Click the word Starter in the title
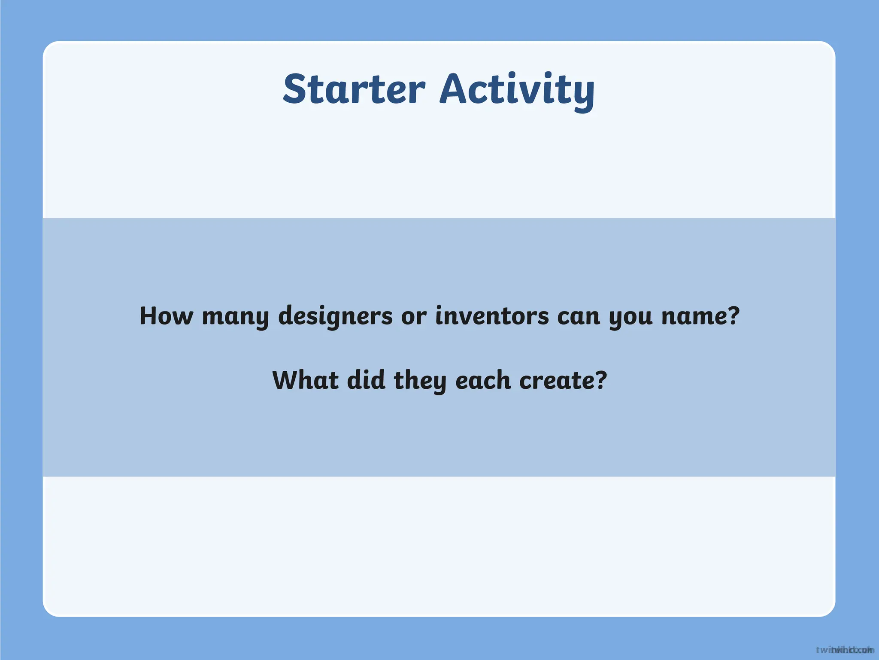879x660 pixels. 354,89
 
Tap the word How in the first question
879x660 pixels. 166,316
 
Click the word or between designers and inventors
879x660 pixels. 414,317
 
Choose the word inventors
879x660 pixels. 492,316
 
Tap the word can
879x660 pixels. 578,317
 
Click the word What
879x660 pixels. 305,381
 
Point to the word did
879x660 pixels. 366,381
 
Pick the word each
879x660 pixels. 483,381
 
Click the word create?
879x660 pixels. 563,381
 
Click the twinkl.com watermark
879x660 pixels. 845,650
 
